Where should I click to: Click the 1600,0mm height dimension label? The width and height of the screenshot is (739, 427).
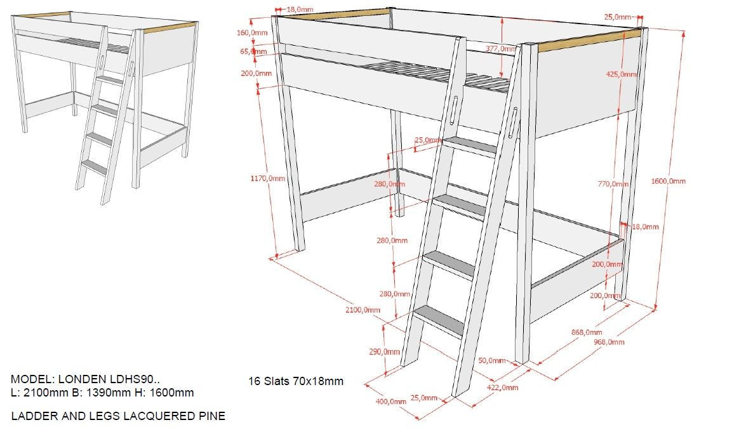[x=669, y=181]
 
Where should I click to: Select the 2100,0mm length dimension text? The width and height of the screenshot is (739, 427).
[x=363, y=310]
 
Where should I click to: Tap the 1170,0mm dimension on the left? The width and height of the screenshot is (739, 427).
[x=267, y=179]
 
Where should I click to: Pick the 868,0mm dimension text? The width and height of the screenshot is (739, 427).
[x=586, y=332]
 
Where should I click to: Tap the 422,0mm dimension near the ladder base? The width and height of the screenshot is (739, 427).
[x=502, y=387]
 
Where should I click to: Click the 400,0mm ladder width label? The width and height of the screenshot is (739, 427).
[x=390, y=401]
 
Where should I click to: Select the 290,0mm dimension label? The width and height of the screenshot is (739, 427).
[x=385, y=351]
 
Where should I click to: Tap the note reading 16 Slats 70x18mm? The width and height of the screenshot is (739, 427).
[x=295, y=381]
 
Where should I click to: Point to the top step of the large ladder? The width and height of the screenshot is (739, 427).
[x=470, y=146]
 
